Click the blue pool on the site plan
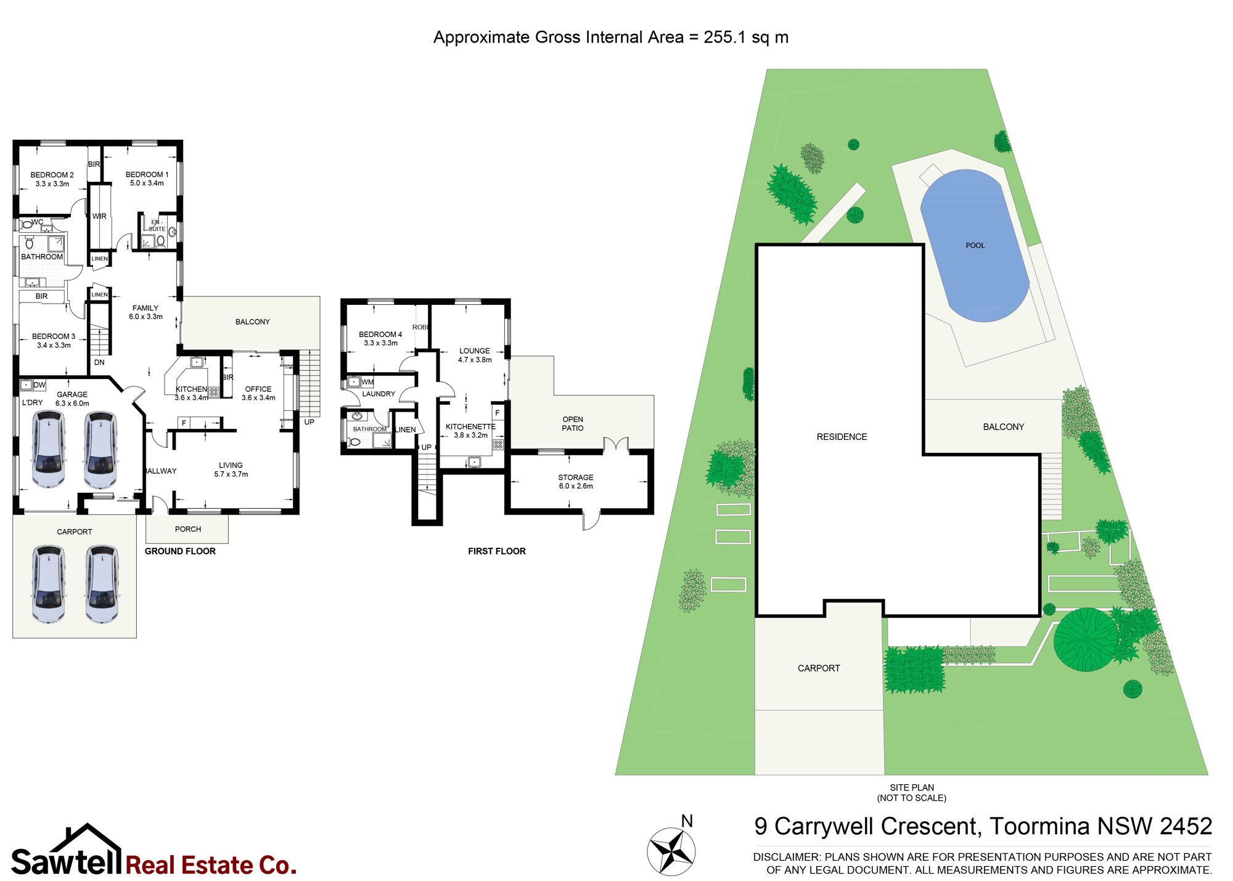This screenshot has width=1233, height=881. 975,245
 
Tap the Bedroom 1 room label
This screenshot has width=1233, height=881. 147,174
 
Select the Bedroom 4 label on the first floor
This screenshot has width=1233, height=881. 380,335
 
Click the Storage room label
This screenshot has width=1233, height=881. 576,477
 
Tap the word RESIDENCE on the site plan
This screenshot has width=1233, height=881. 842,437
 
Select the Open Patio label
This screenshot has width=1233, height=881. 573,424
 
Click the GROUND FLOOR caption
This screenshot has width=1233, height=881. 180,551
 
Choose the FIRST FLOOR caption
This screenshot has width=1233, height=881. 497,551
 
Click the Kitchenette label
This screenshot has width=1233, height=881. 470,426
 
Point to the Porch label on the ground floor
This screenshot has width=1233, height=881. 188,529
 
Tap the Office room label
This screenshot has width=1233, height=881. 258,389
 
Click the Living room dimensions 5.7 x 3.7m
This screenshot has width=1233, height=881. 231,474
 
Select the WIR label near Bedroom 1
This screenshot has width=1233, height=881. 99,216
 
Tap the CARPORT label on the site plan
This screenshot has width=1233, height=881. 819,668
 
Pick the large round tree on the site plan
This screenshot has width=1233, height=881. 1086,639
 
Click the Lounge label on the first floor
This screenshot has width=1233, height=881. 475,351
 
